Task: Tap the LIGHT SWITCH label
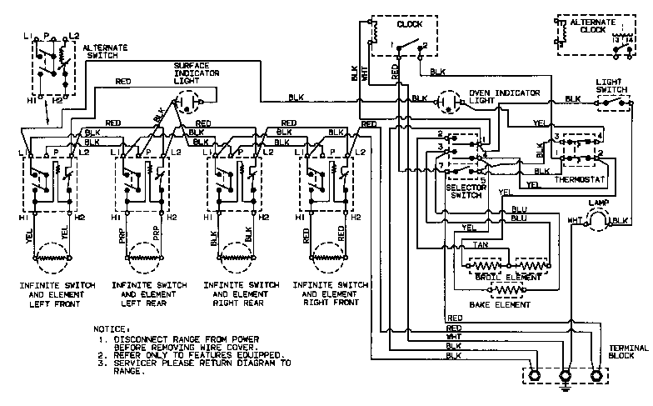pos(612,87)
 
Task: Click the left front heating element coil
pos(52,259)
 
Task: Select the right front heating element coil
pos(329,259)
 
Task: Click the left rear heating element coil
pos(145,259)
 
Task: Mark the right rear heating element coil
pos(238,259)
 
